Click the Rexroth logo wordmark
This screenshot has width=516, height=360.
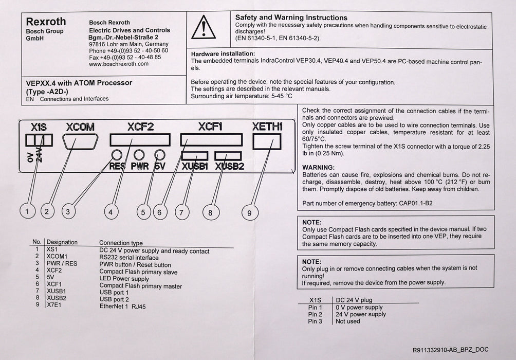click(46, 22)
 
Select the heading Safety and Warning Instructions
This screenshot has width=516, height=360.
click(291, 17)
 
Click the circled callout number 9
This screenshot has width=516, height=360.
click(249, 213)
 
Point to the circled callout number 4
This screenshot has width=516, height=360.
click(111, 212)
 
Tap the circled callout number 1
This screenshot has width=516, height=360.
click(27, 211)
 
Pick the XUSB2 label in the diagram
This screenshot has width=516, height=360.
click(230, 167)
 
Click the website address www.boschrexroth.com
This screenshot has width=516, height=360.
click(119, 64)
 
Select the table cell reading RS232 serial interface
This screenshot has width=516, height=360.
click(128, 258)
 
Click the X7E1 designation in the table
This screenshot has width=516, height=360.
click(53, 304)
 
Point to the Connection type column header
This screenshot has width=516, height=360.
click(121, 243)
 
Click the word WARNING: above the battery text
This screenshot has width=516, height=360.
click(318, 167)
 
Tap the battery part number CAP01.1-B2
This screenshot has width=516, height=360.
click(416, 203)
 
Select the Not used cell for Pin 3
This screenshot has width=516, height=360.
click(347, 321)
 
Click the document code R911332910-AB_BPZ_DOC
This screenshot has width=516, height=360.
click(450, 350)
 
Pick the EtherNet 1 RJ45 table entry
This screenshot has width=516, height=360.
click(122, 307)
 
